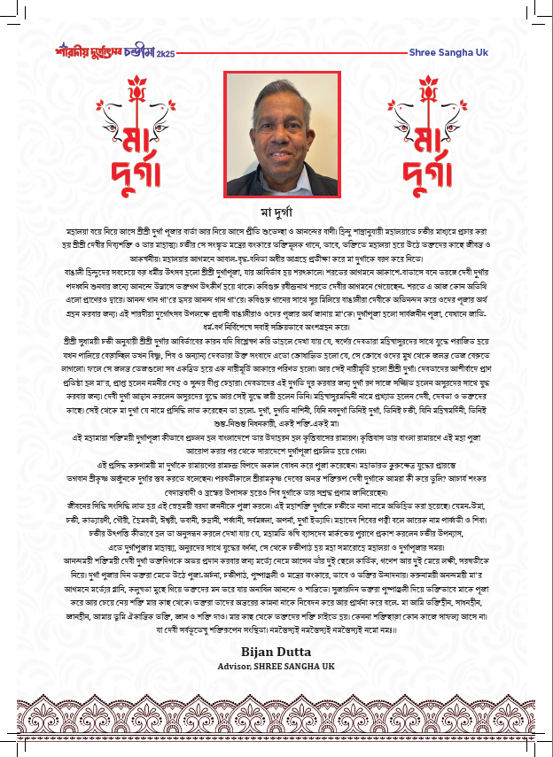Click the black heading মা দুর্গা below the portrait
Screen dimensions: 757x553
[277, 213]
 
